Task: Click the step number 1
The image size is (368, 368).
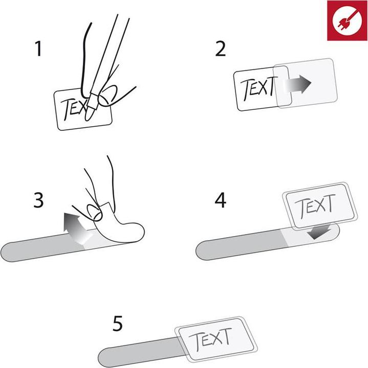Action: click(37, 50)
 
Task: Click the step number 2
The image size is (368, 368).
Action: click(220, 50)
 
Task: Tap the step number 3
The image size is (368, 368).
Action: click(38, 201)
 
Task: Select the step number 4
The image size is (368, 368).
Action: click(221, 201)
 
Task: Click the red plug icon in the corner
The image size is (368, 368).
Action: click(347, 20)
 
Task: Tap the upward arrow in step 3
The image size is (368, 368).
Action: click(72, 228)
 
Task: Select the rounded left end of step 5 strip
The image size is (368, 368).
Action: click(106, 356)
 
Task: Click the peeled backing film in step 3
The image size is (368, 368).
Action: click(119, 230)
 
